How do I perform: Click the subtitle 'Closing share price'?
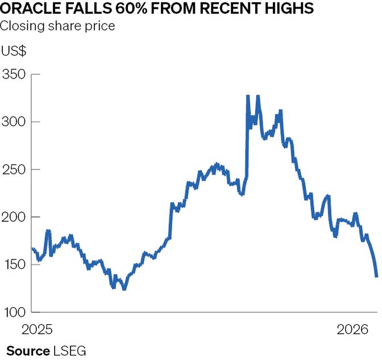click(57, 26)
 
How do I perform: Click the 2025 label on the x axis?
click(37, 329)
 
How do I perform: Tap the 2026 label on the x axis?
click(352, 329)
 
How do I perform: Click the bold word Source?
click(28, 350)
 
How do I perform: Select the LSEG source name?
click(69, 350)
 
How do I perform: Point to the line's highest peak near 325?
click(248, 96)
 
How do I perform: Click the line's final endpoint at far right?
click(377, 276)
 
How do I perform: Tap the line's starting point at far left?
click(32, 248)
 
